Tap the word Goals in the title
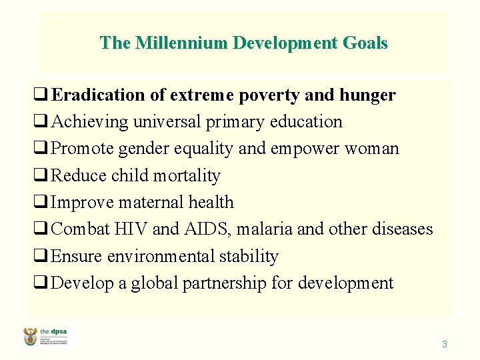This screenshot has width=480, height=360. point(363,43)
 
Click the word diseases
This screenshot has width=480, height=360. point(398,229)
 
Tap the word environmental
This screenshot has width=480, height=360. point(164,257)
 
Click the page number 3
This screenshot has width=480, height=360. point(445,345)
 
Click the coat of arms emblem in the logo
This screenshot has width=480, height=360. point(31,337)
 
